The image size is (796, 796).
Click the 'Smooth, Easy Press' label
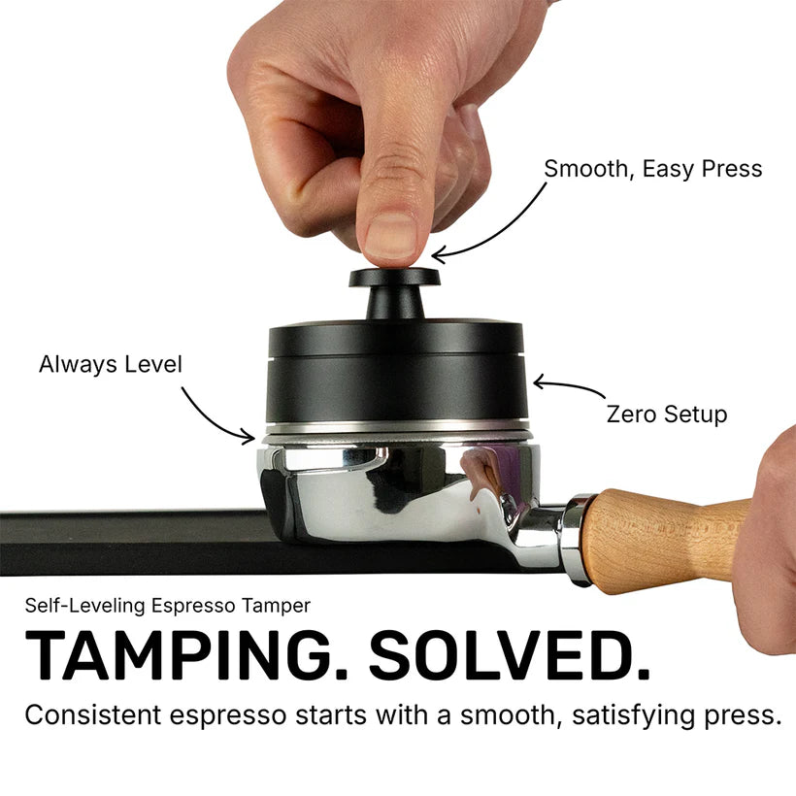(x=652, y=169)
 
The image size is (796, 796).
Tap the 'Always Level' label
(x=111, y=365)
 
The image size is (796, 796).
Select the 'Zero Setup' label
(x=666, y=415)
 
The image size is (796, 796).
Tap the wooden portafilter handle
(x=670, y=533)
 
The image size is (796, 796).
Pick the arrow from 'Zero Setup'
(x=573, y=388)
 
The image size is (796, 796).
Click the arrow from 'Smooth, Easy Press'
(x=495, y=223)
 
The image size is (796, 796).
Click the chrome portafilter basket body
(x=398, y=490)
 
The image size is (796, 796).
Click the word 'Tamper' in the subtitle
(x=278, y=606)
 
